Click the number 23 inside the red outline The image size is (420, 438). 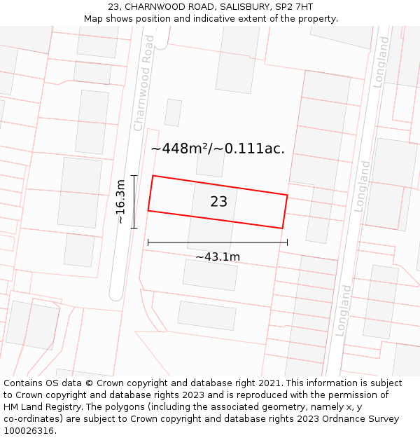218,202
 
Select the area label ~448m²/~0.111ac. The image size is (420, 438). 218,149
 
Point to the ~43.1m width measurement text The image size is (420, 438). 218,256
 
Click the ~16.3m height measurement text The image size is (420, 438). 120,202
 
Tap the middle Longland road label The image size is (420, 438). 363,186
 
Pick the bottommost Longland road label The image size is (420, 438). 344,310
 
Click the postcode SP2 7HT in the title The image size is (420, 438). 293,7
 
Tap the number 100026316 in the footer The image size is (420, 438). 29,430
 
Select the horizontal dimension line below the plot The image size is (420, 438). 218,242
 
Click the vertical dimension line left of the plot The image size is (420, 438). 134,202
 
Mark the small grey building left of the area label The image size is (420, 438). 173,113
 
